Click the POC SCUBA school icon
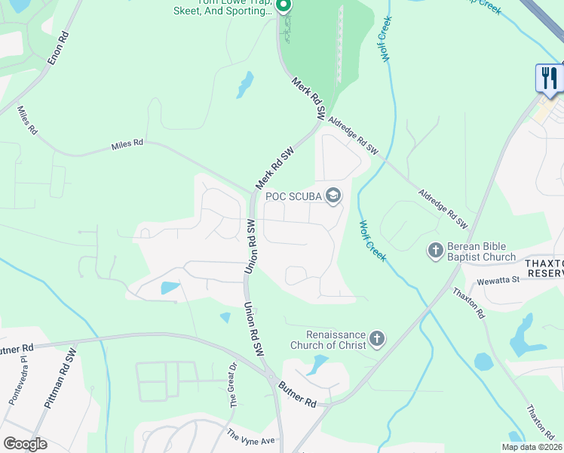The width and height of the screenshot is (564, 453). tap(333, 196)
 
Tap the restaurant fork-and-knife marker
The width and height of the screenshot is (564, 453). tap(549, 78)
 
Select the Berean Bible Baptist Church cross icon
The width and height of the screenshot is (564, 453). tap(435, 251)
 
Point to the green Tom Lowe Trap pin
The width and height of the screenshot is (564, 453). tap(284, 6)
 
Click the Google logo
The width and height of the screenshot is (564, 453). tap(25, 444)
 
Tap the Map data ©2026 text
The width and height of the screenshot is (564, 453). tap(531, 447)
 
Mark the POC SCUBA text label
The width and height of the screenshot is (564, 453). tap(293, 196)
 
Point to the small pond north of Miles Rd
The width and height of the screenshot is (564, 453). tap(245, 85)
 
